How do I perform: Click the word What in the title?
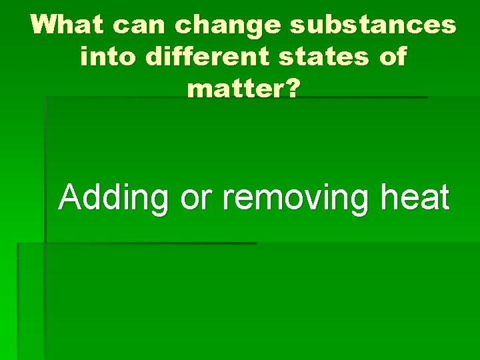(67, 25)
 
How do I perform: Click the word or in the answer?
(196, 199)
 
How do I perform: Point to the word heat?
(415, 197)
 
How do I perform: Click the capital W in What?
(46, 25)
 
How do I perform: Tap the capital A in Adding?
(69, 197)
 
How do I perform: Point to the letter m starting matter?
(201, 88)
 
